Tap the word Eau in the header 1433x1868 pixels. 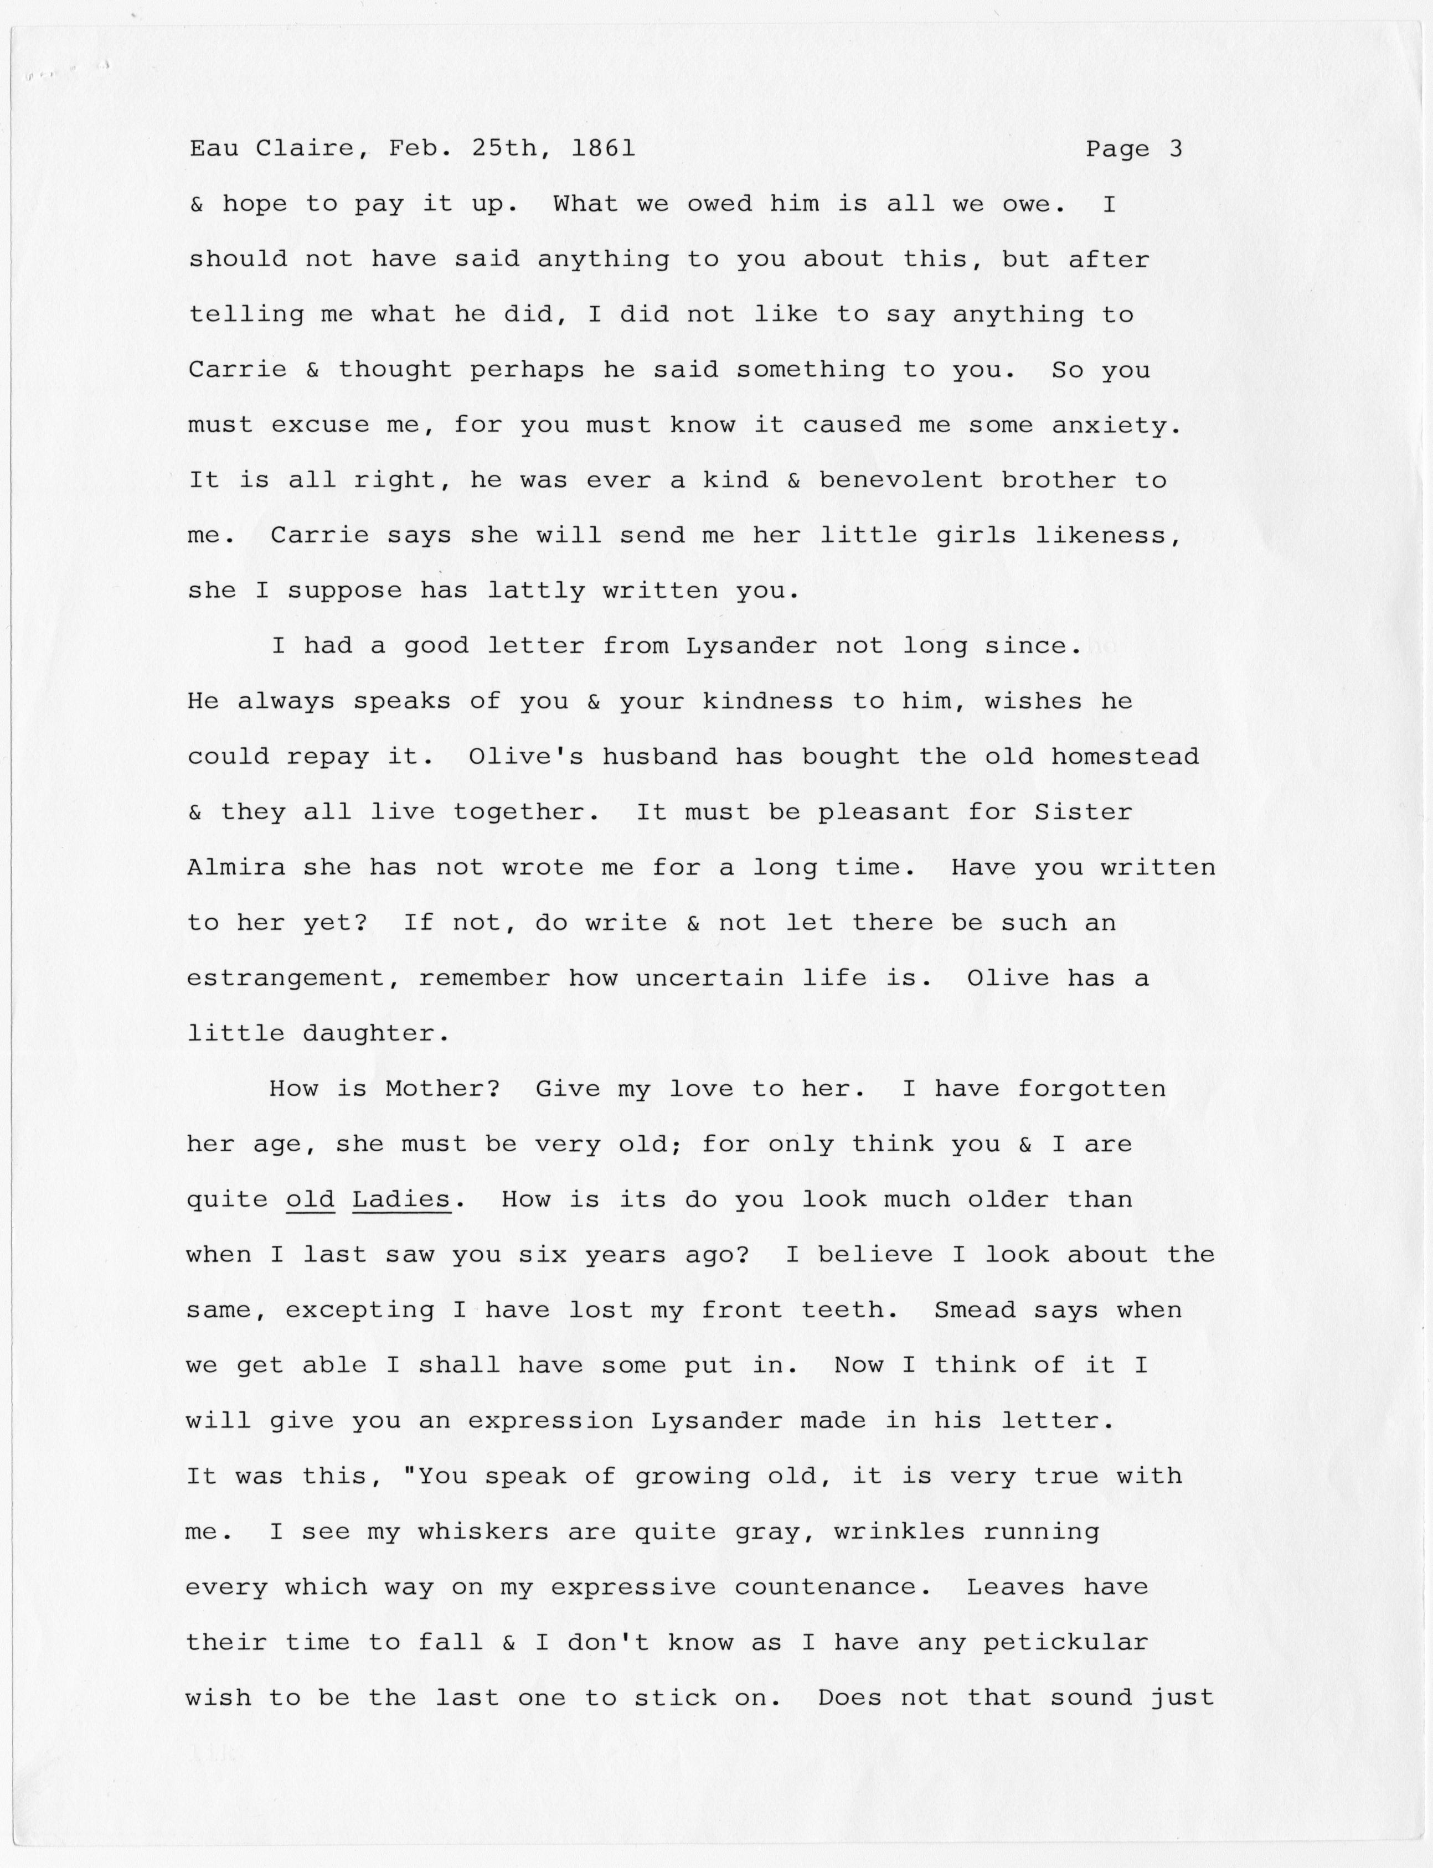click(x=213, y=149)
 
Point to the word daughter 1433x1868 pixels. click(x=375, y=1034)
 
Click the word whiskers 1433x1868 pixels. click(x=483, y=1532)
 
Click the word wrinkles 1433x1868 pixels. click(x=899, y=1532)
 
